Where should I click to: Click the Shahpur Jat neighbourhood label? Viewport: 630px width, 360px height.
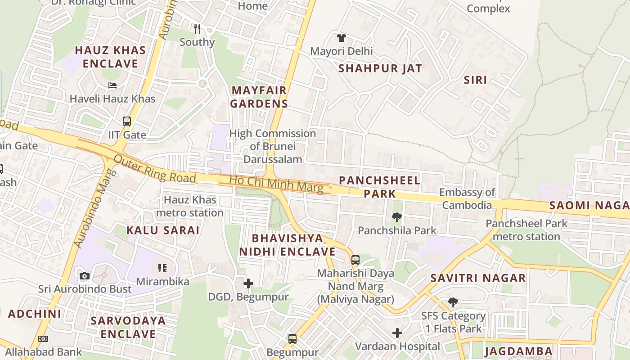pyautogui.click(x=380, y=68)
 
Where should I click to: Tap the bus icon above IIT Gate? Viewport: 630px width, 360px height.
pyautogui.click(x=127, y=121)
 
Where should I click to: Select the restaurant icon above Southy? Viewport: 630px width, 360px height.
pyautogui.click(x=197, y=29)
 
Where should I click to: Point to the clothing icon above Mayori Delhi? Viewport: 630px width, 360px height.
pyautogui.click(x=342, y=38)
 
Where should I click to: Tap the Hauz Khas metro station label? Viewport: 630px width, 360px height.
pyautogui.click(x=190, y=206)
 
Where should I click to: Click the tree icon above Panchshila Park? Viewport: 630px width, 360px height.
pyautogui.click(x=396, y=217)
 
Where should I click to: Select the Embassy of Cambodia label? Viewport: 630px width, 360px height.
pyautogui.click(x=467, y=199)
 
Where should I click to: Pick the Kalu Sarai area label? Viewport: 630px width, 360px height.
pyautogui.click(x=162, y=230)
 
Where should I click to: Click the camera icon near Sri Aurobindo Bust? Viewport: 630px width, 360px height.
pyautogui.click(x=84, y=276)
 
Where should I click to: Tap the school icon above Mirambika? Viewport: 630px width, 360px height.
pyautogui.click(x=162, y=269)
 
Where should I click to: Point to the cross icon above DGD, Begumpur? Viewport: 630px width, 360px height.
pyautogui.click(x=248, y=283)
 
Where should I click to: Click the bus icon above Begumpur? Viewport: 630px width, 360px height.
pyautogui.click(x=292, y=339)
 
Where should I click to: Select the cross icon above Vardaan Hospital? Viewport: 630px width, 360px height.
pyautogui.click(x=397, y=333)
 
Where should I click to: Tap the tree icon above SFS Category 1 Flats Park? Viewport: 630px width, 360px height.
pyautogui.click(x=453, y=302)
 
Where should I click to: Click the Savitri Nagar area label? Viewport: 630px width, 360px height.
pyautogui.click(x=478, y=278)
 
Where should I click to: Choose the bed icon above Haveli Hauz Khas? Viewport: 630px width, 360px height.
pyautogui.click(x=112, y=85)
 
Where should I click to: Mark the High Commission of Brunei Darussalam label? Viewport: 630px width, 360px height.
pyautogui.click(x=273, y=146)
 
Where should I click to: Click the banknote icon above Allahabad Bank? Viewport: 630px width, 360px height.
pyautogui.click(x=43, y=339)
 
